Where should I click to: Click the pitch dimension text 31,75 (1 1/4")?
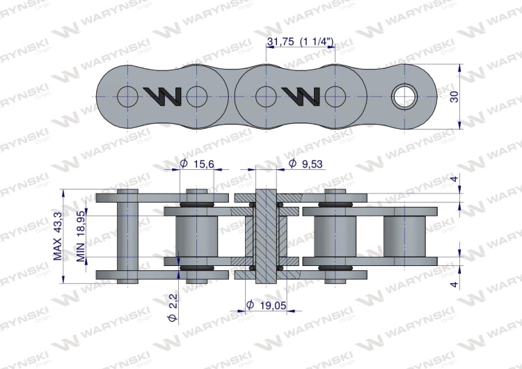click(x=300, y=42)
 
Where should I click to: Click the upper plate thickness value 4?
click(x=454, y=179)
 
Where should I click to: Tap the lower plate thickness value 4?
click(x=454, y=284)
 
